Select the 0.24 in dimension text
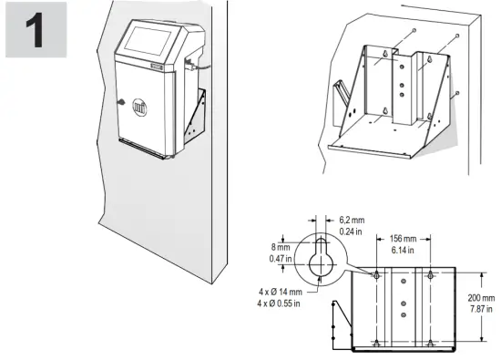pyautogui.click(x=352, y=232)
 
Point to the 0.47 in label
pyautogui.click(x=282, y=258)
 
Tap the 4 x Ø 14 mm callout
pyautogui.click(x=281, y=292)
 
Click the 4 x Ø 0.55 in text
pyautogui.click(x=281, y=303)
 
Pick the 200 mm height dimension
pyautogui.click(x=481, y=298)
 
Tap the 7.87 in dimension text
pyautogui.click(x=481, y=309)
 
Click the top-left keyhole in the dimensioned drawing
pyautogui.click(x=376, y=273)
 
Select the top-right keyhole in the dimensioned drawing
pyautogui.click(x=429, y=273)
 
